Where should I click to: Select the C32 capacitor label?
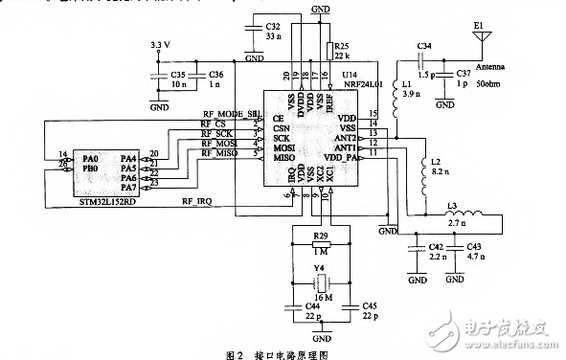point(273,26)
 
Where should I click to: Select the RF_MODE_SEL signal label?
point(228,114)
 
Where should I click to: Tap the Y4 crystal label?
point(321,270)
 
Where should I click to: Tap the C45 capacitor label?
point(370,305)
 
